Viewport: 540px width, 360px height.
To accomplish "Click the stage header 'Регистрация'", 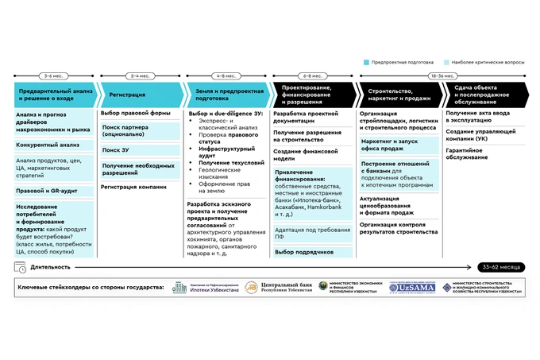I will pyautogui.click(x=128, y=94).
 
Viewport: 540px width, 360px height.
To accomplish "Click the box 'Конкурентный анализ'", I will pyautogui.click(x=48, y=145).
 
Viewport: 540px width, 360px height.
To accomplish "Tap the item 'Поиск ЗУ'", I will pyautogui.click(x=115, y=149).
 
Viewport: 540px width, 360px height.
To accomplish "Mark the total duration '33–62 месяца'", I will pyautogui.click(x=503, y=267).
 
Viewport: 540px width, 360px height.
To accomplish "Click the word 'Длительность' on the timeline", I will pyautogui.click(x=52, y=267).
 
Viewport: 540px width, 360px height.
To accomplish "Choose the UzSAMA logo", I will pyautogui.click(x=411, y=287).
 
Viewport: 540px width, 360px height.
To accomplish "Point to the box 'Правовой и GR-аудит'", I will pyautogui.click(x=48, y=191).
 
